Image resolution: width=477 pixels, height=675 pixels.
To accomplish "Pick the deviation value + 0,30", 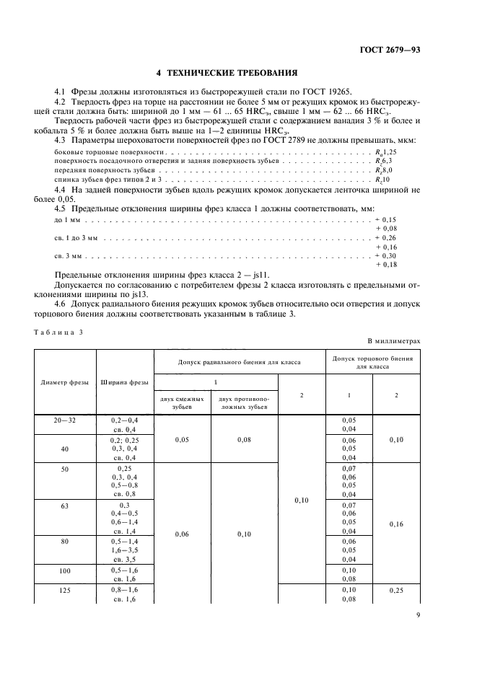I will (386, 256).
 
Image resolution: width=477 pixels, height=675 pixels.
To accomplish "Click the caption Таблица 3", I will (59, 330).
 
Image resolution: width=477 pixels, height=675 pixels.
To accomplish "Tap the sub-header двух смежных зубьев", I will (182, 402).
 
